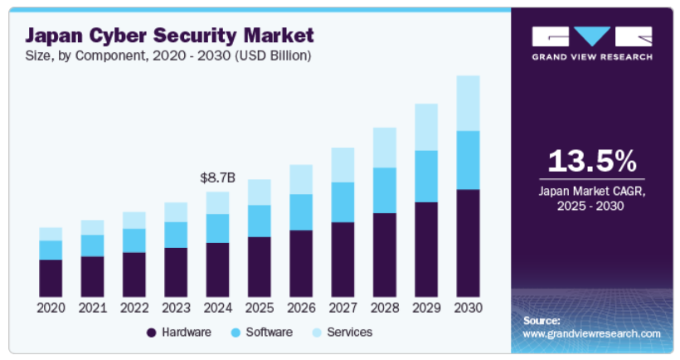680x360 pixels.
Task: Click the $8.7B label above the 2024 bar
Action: point(218,178)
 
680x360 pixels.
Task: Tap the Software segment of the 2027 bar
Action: point(342,202)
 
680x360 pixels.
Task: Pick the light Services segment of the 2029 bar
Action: point(426,127)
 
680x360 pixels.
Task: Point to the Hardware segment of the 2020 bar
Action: point(51,278)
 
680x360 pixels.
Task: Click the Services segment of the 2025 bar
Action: point(260,192)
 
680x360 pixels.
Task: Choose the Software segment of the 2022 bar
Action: point(134,240)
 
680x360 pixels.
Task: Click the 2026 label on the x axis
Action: point(301,308)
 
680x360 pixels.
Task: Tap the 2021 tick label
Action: point(92,308)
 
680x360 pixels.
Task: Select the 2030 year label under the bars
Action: point(468,308)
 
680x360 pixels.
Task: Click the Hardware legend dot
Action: point(151,333)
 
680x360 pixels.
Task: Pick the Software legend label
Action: point(269,332)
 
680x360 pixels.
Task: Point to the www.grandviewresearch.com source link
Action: point(591,333)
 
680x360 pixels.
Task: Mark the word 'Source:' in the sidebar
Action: point(542,319)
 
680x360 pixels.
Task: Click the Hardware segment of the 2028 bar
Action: point(385,255)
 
